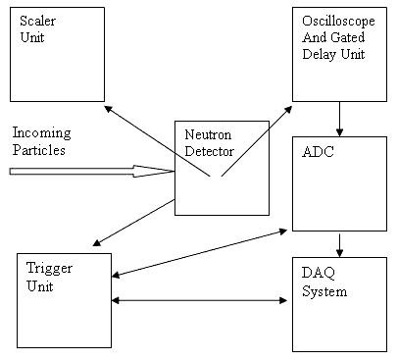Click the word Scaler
(x=37, y=21)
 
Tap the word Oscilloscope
(x=338, y=22)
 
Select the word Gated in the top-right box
(x=349, y=37)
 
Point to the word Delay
(x=320, y=54)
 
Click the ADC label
(x=318, y=152)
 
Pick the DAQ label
(x=319, y=273)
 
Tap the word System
(x=324, y=291)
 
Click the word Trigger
(x=49, y=269)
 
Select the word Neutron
(x=208, y=134)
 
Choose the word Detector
(x=210, y=151)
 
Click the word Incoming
(x=42, y=133)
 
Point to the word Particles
(x=39, y=150)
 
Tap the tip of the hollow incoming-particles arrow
(x=174, y=171)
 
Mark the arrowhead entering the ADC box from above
(x=339, y=132)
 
